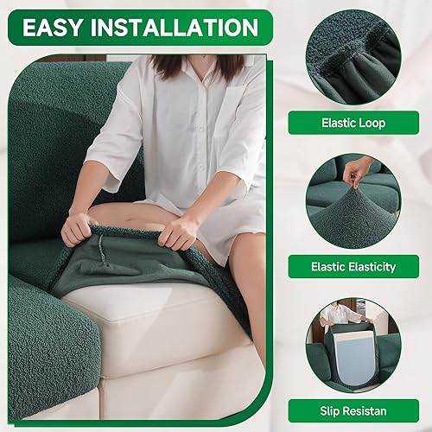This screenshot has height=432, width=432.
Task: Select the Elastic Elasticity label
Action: [x=353, y=266]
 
